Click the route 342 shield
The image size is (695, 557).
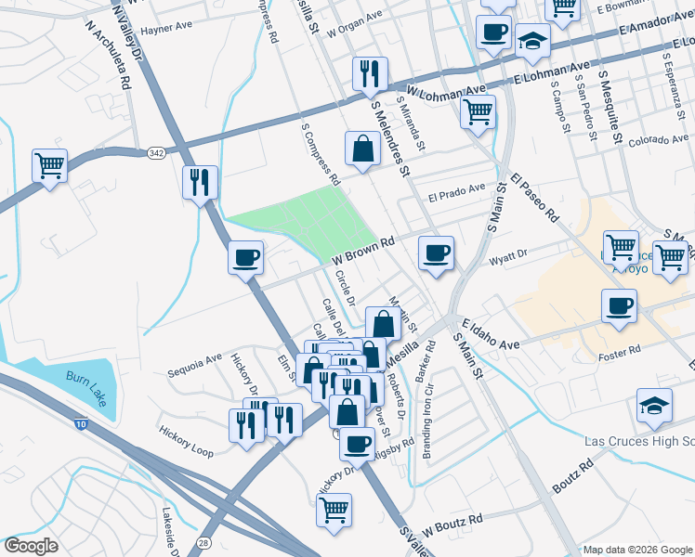point(155,151)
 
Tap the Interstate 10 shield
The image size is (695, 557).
point(82,424)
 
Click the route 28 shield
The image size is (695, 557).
point(203,541)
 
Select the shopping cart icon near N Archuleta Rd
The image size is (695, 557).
point(49,166)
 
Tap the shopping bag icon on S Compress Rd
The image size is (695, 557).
point(361,148)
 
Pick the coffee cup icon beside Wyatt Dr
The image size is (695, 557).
point(436,253)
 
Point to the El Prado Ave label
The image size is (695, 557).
point(457,196)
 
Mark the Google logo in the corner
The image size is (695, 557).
point(31,546)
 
